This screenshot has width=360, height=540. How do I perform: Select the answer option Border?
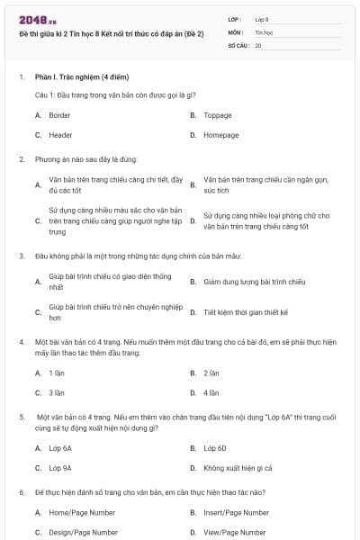point(59,116)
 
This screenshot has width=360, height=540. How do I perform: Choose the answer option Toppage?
point(217,116)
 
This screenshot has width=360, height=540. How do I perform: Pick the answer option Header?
point(60,135)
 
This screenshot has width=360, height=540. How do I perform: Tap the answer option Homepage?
point(220,135)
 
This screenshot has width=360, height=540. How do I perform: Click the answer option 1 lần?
point(57,373)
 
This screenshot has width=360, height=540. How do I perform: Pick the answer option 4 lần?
point(211,392)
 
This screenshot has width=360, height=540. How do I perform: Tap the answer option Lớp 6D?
point(214,448)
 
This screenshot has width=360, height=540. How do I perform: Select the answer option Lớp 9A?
point(60,468)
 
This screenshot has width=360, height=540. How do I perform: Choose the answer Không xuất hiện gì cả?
point(238,468)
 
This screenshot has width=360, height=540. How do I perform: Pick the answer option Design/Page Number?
point(83,532)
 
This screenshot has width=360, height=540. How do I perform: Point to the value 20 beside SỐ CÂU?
point(258,44)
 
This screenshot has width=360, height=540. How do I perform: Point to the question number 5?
point(21,418)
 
